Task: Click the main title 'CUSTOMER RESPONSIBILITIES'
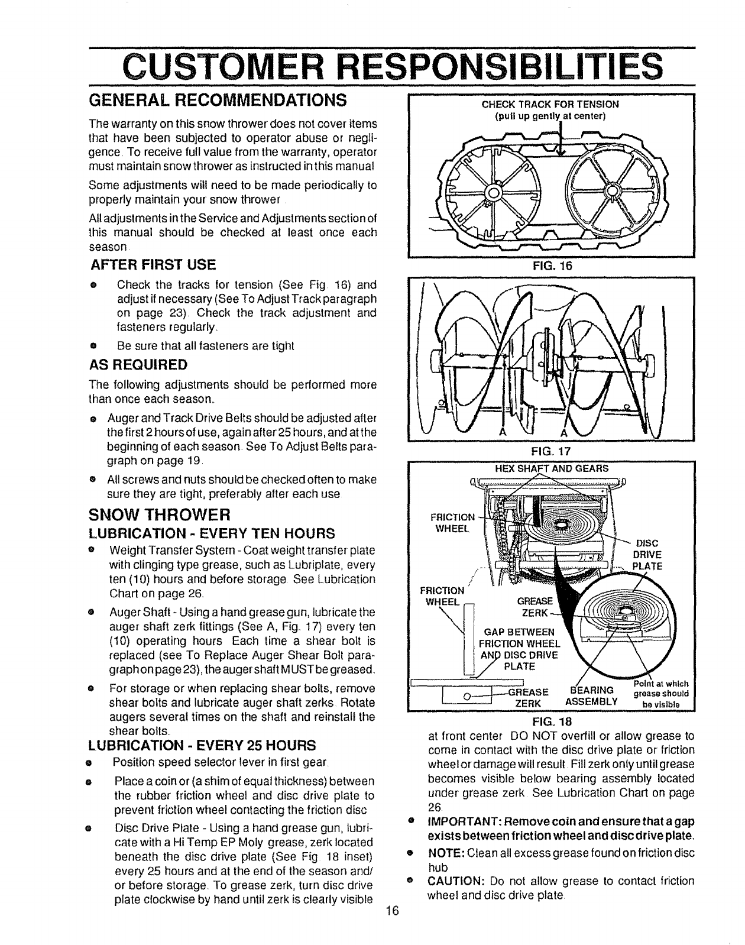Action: tap(372, 66)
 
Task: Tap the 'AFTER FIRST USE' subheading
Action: tap(153, 264)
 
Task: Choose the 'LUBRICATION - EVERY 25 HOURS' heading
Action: tap(202, 744)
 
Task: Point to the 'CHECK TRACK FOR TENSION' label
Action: tap(550, 104)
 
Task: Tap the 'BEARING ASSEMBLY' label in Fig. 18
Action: tap(593, 697)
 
